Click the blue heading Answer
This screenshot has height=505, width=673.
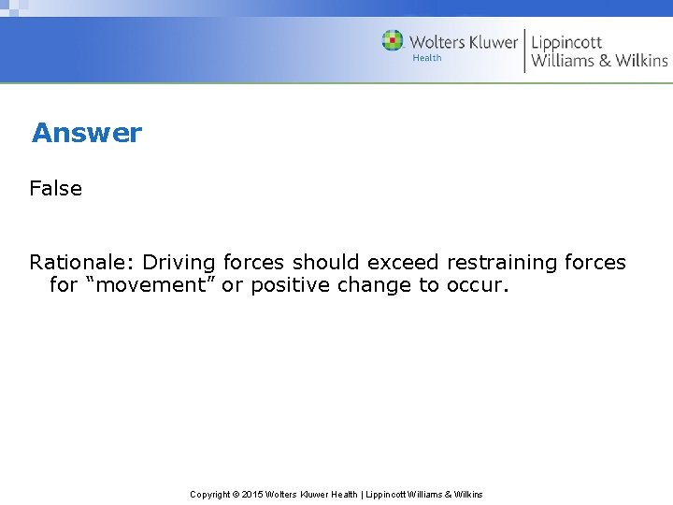pos(86,133)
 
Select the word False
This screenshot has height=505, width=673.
pos(56,188)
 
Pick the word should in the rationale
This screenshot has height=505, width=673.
pos(326,263)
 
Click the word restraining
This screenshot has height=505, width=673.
pos(502,263)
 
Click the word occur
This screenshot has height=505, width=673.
pos(478,285)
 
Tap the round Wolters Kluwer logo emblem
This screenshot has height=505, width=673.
pos(393,41)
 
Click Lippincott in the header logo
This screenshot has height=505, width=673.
pos(566,42)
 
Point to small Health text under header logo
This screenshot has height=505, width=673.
pos(427,58)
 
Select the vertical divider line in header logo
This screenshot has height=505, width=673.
pos(523,50)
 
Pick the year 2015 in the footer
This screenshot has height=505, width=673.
pos(253,494)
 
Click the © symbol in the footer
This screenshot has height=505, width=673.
pos(236,494)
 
